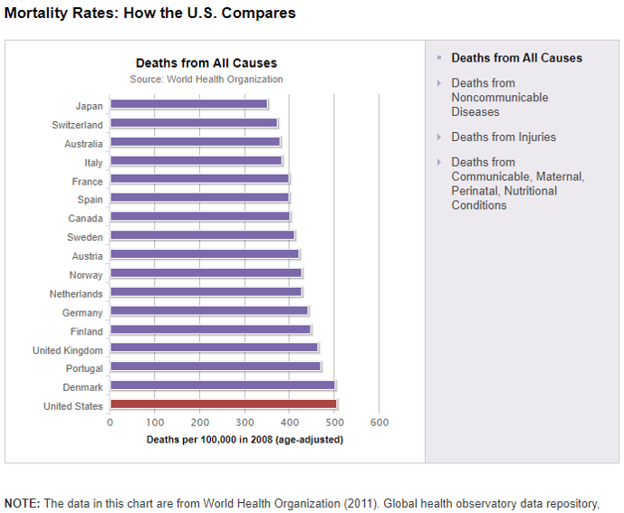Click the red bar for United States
tap(223, 405)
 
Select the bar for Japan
tap(188, 105)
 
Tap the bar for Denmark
tap(222, 386)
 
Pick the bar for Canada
tap(199, 217)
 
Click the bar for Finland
tap(210, 330)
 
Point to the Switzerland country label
tap(78, 125)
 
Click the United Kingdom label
tap(68, 350)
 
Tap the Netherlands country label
tap(76, 293)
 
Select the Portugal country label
tap(84, 368)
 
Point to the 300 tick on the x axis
tap(245, 423)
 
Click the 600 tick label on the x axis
tap(379, 423)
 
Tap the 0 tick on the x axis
tap(110, 423)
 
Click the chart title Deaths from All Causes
tap(206, 63)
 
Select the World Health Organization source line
tap(206, 80)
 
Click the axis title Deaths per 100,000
tap(245, 440)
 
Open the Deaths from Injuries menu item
tap(504, 138)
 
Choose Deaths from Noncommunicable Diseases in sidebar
tap(500, 98)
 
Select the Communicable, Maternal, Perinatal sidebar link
tap(517, 184)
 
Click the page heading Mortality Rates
tap(150, 14)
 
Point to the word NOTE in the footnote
tap(22, 503)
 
